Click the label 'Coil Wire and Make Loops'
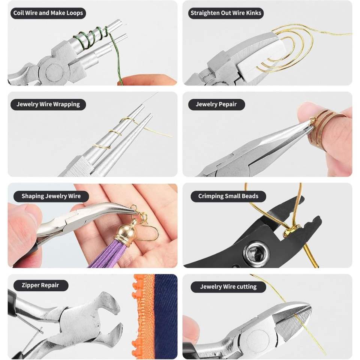point(48,13)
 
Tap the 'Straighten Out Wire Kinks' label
point(226,13)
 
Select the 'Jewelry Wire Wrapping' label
point(48,105)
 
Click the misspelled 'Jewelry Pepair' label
point(216,105)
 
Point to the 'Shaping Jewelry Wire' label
point(51,196)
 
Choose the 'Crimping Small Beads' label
point(228,196)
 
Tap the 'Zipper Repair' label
point(40,285)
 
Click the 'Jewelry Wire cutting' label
point(228,287)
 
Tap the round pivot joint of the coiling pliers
point(54,72)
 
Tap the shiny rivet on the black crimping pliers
point(254,252)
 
